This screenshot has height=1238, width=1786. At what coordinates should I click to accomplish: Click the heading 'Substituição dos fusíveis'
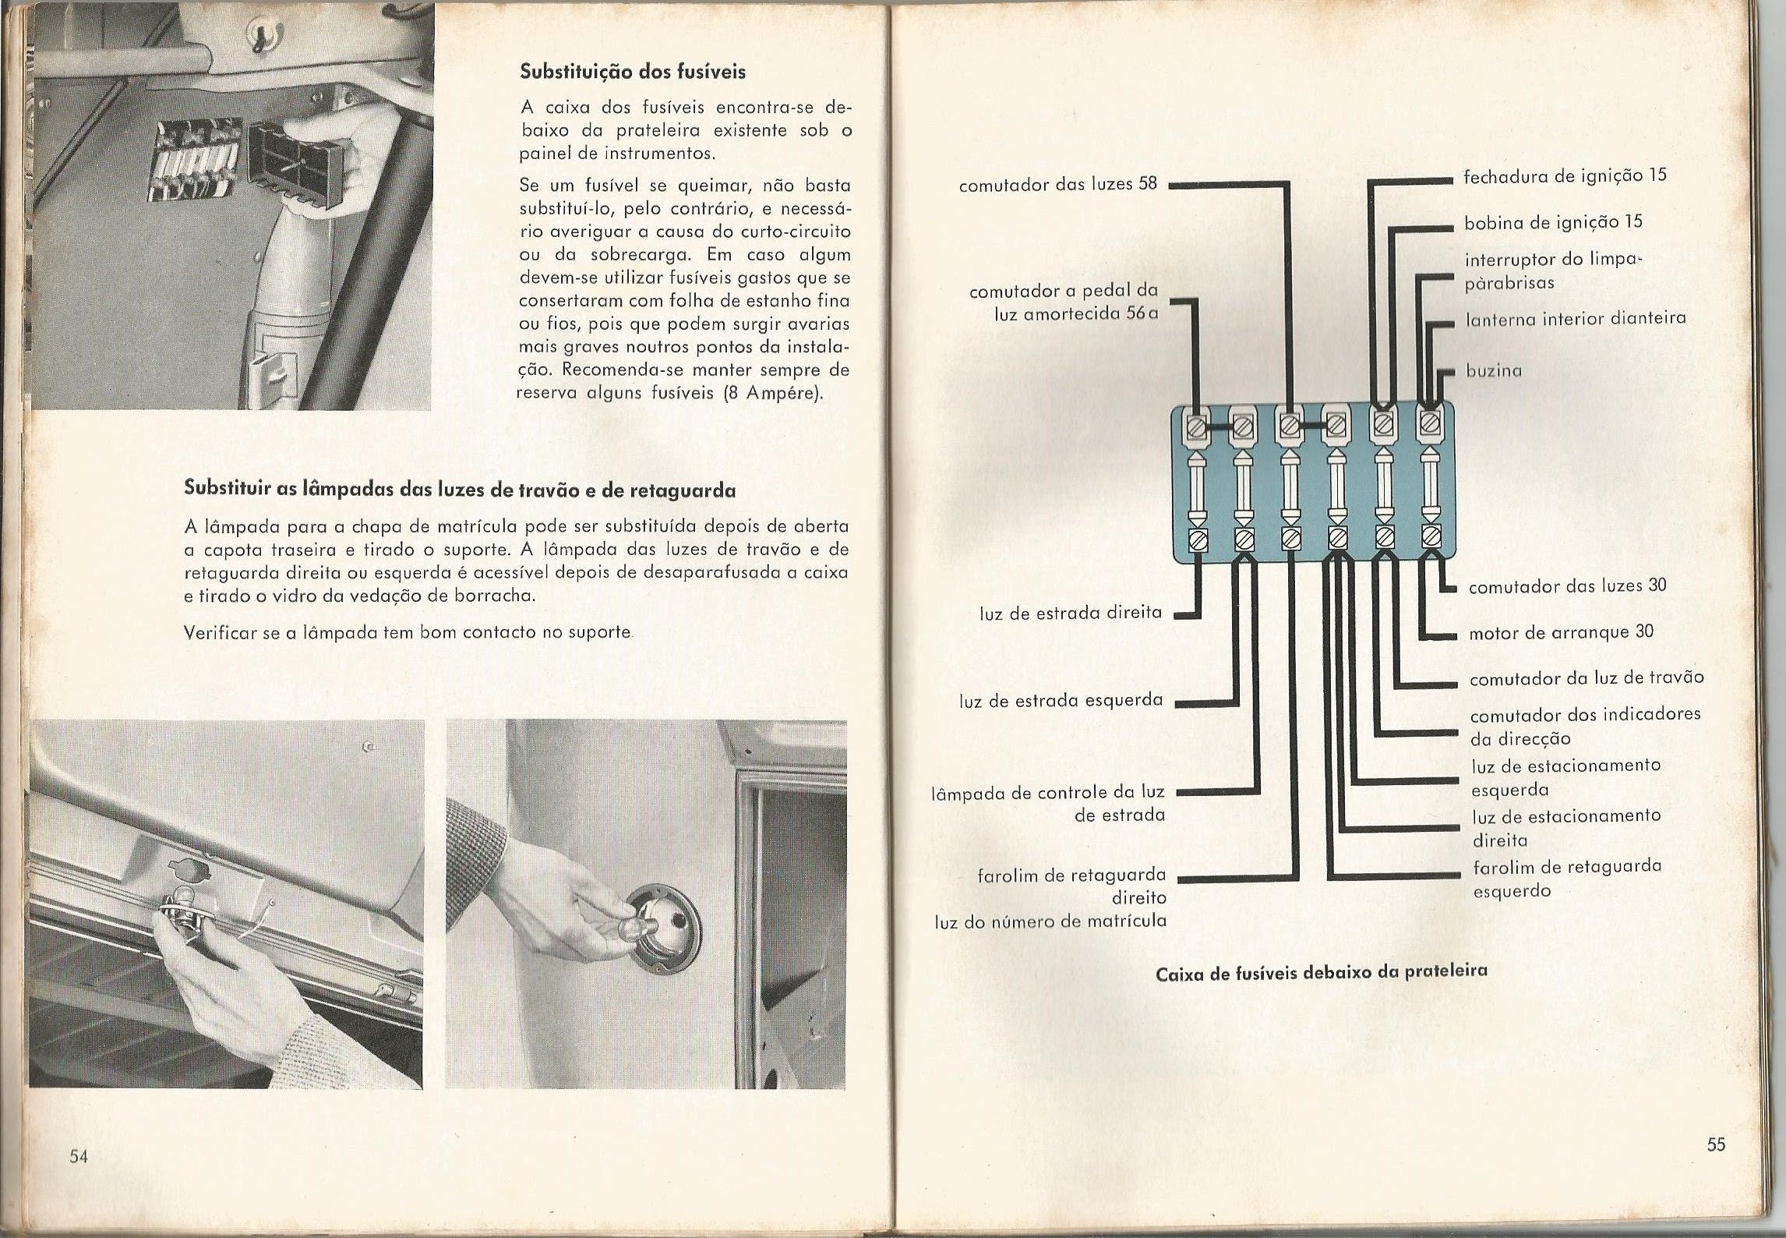[632, 72]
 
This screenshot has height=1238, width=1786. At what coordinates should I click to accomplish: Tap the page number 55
[1716, 1144]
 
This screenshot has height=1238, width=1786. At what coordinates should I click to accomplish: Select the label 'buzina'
[1494, 371]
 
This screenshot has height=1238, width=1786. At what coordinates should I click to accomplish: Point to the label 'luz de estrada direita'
[1071, 614]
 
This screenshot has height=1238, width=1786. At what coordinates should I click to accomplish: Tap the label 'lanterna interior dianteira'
[1576, 318]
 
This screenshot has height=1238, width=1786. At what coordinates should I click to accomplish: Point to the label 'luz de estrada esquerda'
[1061, 701]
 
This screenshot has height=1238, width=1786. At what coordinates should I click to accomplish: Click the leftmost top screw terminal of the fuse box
[1196, 426]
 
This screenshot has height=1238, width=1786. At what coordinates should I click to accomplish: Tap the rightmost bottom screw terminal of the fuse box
[1429, 537]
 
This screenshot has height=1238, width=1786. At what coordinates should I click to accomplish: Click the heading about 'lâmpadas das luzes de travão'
[460, 490]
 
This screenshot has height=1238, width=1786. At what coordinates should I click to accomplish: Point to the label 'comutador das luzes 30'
[1567, 586]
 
